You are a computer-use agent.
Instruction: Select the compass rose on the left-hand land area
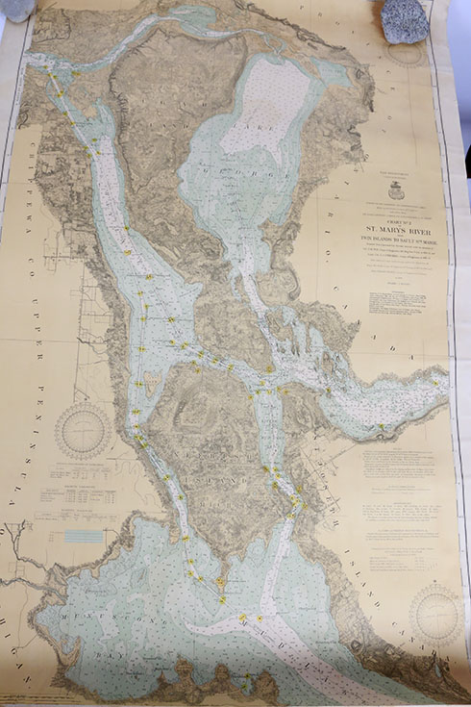82,429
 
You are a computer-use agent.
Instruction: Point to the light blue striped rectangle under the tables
84,536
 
